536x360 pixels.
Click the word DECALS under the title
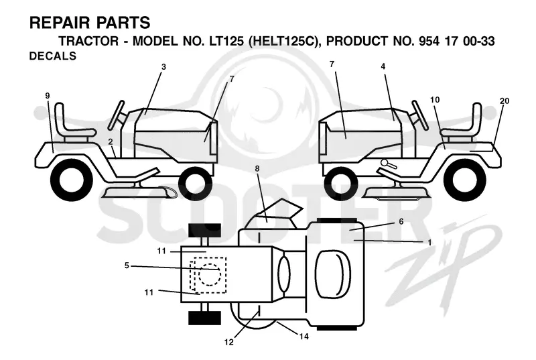[53, 56]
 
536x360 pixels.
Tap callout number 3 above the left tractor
[163, 66]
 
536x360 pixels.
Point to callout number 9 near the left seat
[48, 95]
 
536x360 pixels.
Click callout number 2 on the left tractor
[111, 141]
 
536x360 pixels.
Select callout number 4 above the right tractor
[383, 66]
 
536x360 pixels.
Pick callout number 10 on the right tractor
[435, 100]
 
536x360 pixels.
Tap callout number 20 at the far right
[505, 101]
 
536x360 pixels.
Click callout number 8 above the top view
[257, 168]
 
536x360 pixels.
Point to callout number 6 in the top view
[401, 221]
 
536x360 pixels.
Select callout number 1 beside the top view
[429, 243]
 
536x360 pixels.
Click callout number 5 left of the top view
[127, 265]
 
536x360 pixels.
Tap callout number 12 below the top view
[228, 342]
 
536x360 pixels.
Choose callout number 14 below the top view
[304, 337]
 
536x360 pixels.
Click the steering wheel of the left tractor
[117, 115]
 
